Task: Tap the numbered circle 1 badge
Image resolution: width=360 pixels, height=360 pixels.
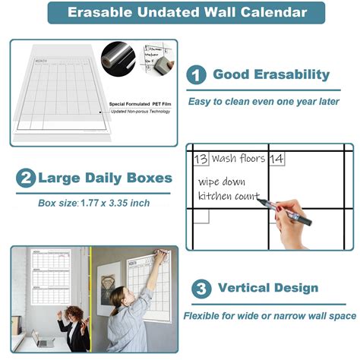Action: (x=197, y=75)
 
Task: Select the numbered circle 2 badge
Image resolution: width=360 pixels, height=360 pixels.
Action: (x=26, y=178)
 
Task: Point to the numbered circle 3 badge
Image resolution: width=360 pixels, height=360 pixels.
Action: (x=201, y=289)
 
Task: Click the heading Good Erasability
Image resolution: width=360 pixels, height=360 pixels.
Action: (x=271, y=74)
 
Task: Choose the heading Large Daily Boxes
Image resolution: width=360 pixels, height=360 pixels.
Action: (x=105, y=178)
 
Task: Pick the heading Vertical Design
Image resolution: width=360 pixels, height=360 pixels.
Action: (x=267, y=289)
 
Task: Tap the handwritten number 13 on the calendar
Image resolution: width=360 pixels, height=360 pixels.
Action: (x=201, y=159)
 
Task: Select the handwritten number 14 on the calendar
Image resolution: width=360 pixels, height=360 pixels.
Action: (x=276, y=159)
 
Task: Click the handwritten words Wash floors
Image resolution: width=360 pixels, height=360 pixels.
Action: (x=238, y=159)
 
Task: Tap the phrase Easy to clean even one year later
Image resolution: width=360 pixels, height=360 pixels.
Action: (x=264, y=101)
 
